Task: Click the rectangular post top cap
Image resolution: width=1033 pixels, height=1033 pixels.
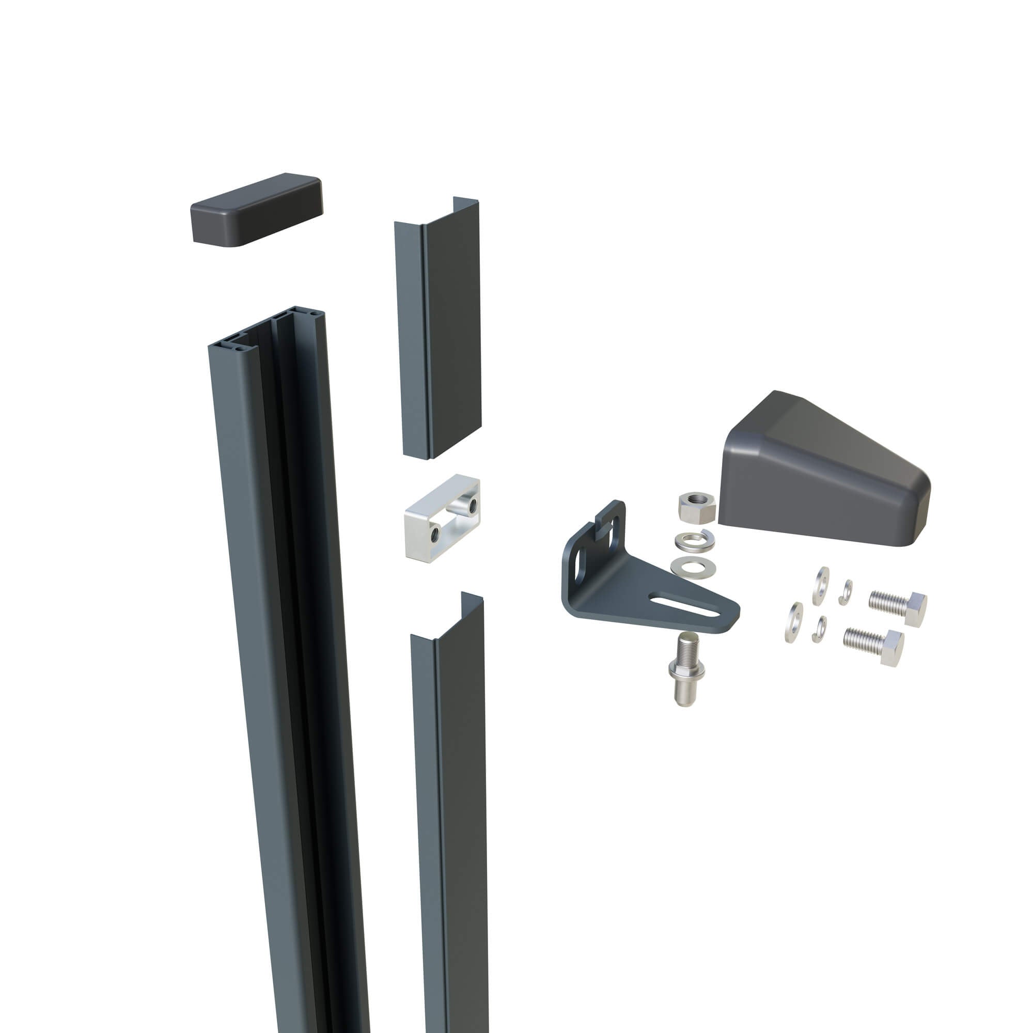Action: coord(257,210)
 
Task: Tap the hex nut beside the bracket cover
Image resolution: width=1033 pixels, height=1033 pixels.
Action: coord(696,507)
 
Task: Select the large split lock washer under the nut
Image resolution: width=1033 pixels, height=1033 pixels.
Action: coord(694,541)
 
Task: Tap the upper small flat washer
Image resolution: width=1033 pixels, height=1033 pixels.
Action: coord(822,587)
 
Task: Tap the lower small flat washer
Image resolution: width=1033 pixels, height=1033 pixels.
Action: coord(794,622)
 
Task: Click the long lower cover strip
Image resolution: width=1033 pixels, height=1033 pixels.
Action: coord(449,802)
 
